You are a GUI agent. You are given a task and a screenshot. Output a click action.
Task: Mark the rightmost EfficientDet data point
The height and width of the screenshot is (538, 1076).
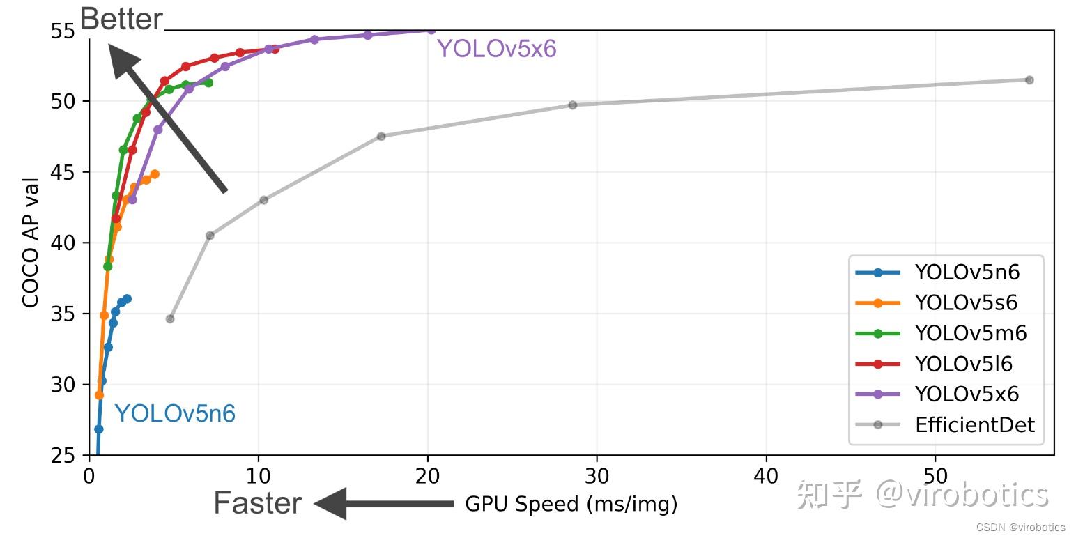pyautogui.click(x=1029, y=80)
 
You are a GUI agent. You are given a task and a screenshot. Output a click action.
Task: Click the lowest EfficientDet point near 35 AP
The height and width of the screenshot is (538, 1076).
pyautogui.click(x=170, y=318)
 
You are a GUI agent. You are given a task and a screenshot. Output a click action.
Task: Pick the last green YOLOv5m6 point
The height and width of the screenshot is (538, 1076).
pyautogui.click(x=208, y=83)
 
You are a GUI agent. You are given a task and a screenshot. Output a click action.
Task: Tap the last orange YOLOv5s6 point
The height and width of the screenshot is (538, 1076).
pyautogui.click(x=155, y=174)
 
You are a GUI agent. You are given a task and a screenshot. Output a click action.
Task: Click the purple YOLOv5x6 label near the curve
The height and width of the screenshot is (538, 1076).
pyautogui.click(x=496, y=49)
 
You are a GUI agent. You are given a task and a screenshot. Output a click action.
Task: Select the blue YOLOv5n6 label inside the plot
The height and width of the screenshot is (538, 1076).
pyautogui.click(x=175, y=414)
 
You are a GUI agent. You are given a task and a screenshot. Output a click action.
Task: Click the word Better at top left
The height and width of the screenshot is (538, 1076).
pyautogui.click(x=121, y=19)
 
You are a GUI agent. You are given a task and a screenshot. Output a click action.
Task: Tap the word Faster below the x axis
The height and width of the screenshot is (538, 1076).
pyautogui.click(x=257, y=503)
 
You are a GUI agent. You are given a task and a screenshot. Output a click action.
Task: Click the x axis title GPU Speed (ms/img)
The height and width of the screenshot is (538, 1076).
pyautogui.click(x=571, y=504)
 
